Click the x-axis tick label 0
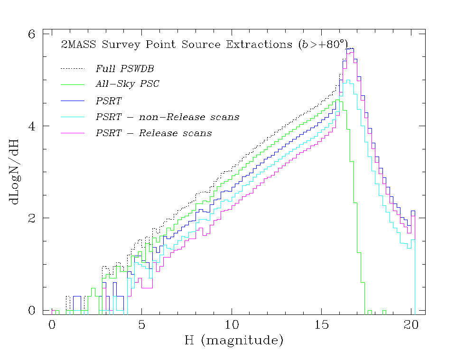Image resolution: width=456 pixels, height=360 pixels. [52, 325]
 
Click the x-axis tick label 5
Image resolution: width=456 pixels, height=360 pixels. [141, 325]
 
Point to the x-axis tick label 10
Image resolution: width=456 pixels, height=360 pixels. [232, 325]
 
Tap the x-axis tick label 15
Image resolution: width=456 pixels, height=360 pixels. [321, 325]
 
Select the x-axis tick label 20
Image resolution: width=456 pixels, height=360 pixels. [411, 325]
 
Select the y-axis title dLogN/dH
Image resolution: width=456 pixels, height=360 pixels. [15, 172]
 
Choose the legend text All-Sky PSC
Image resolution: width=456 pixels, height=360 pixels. [127, 84]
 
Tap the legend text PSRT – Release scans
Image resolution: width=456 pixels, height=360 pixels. [154, 133]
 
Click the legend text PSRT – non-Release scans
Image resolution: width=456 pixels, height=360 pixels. [167, 117]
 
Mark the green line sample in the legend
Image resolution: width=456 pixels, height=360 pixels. [72, 84]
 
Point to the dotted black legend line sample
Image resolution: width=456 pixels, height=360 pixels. [72, 69]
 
